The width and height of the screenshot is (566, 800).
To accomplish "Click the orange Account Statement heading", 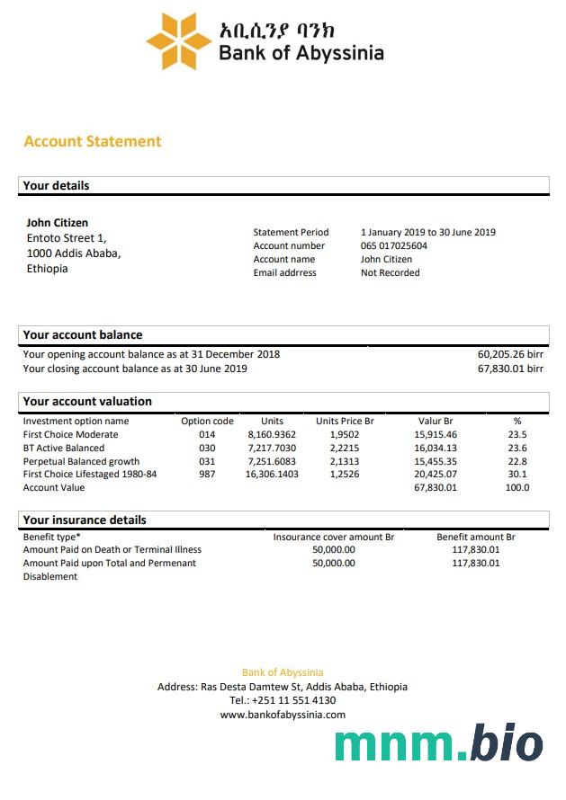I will click(93, 141).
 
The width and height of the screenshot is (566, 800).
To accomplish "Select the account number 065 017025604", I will click(394, 245).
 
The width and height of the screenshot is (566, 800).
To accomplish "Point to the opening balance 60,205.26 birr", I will click(510, 354).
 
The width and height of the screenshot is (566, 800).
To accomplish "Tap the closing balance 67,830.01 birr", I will click(510, 369).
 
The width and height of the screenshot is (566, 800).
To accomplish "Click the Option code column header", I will click(207, 421).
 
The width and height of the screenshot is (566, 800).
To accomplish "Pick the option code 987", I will click(207, 474).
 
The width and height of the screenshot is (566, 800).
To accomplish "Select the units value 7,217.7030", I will click(272, 448).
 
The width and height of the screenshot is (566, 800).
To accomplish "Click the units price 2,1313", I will click(344, 461).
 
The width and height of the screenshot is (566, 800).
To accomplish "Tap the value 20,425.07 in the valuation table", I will click(436, 474).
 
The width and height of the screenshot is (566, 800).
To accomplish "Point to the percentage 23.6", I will click(517, 448).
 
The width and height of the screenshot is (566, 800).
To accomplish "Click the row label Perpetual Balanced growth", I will click(81, 461).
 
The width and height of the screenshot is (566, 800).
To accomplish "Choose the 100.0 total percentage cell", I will click(517, 487).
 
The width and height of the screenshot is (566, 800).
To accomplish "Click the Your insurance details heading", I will click(85, 520).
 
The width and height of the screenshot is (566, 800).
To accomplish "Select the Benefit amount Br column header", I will click(475, 537).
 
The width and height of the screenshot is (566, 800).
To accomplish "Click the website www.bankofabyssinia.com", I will click(283, 715).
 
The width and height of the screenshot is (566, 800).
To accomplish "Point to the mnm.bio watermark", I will click(439, 744).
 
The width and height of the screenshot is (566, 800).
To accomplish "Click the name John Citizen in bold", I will click(58, 223).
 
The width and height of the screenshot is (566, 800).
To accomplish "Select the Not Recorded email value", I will click(391, 272).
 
